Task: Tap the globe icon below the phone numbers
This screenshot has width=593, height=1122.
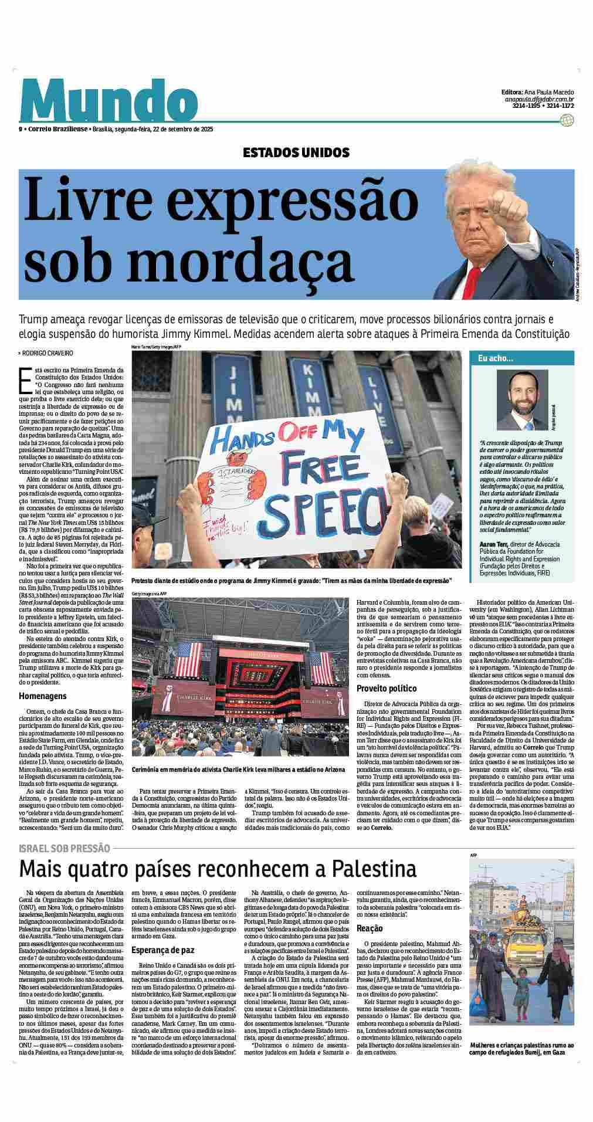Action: [x=566, y=120]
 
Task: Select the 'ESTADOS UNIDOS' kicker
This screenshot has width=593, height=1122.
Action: [x=296, y=153]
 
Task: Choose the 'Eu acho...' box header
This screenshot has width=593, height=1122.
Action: [x=496, y=358]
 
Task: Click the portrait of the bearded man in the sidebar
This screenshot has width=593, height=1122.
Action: [x=522, y=399]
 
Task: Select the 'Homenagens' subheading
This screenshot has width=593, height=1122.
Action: [x=43, y=696]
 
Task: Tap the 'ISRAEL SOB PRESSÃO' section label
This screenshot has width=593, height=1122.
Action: [x=64, y=848]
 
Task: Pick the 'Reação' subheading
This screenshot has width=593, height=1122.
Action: [x=370, y=928]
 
